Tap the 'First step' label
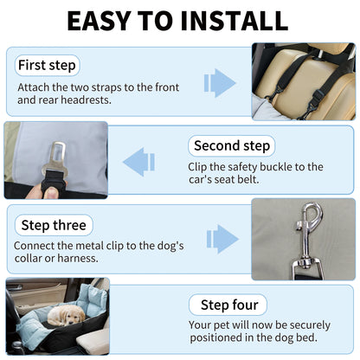[x=46, y=65]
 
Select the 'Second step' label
[x=232, y=145]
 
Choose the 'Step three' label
[x=54, y=225]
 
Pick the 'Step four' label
[x=228, y=305]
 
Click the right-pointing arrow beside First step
[x=220, y=82]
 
